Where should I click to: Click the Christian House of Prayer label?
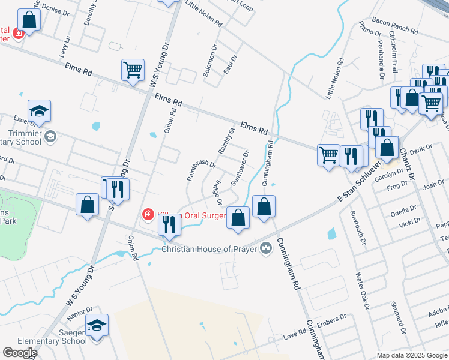point(209,248)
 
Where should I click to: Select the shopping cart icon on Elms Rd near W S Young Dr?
point(133,69)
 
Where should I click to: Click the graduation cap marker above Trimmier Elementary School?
point(39,110)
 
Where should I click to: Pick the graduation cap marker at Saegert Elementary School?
point(97,325)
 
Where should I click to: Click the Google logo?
point(20,353)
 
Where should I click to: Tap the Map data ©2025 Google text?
point(412,355)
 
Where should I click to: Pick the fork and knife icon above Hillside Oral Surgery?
point(169,224)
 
